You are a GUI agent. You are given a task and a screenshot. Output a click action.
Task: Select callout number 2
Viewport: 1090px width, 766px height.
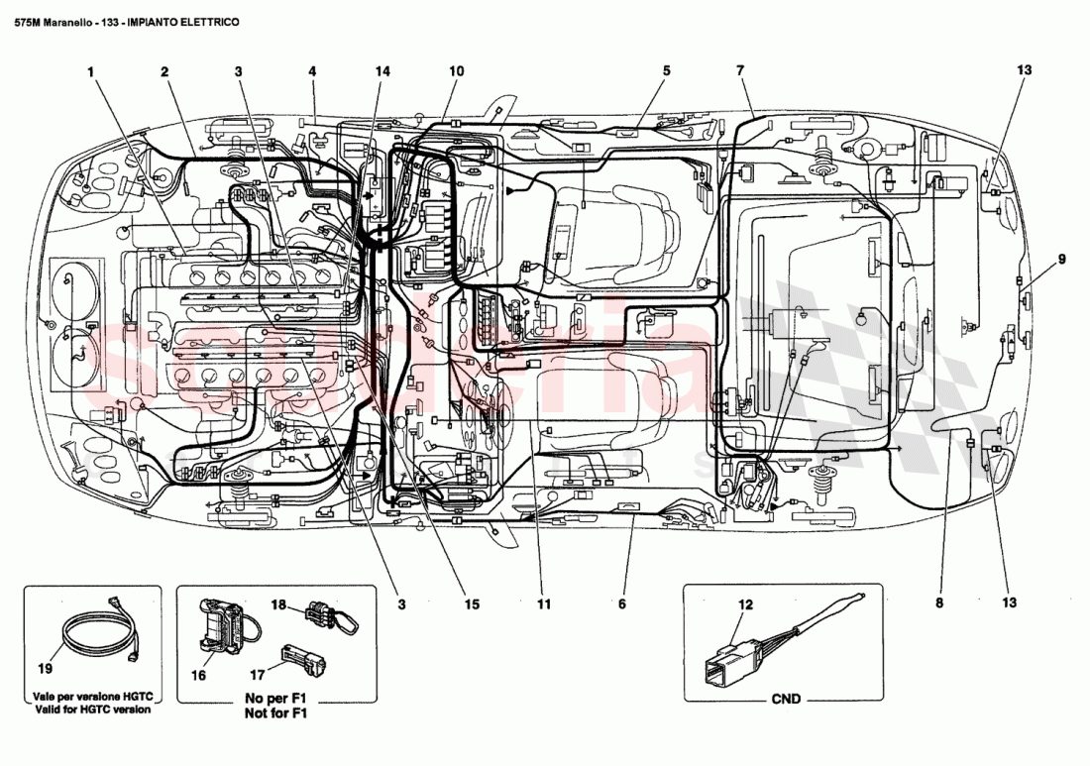click(164, 71)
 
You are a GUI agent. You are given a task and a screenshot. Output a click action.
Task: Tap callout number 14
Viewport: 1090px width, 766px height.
click(382, 71)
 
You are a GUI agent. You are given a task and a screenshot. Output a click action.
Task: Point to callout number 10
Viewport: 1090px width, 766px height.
click(456, 71)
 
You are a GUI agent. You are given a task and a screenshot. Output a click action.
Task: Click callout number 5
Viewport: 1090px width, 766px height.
click(666, 71)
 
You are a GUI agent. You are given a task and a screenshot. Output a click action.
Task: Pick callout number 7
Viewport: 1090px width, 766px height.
click(739, 71)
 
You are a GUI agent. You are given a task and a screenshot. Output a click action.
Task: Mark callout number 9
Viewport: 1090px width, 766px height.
click(1061, 260)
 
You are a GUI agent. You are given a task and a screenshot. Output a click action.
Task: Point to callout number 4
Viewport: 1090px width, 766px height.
click(311, 71)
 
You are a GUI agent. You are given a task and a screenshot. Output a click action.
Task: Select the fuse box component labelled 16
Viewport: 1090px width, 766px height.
click(225, 623)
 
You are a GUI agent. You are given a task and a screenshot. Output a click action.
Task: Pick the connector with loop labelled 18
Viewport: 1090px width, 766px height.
click(332, 617)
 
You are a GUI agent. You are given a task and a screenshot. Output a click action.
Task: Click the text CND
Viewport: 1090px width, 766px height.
click(785, 699)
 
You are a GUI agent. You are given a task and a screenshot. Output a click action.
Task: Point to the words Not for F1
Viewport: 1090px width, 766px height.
click(276, 711)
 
